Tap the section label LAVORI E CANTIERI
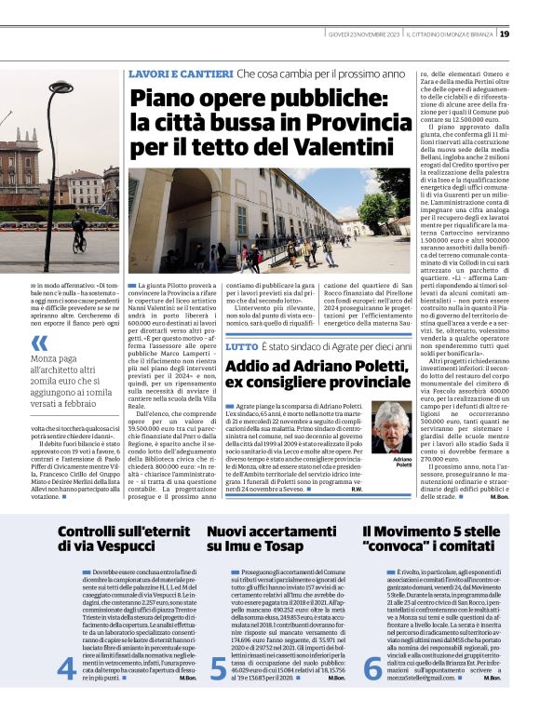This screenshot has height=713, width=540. (179, 74)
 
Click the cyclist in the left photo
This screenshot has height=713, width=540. (79, 225)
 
